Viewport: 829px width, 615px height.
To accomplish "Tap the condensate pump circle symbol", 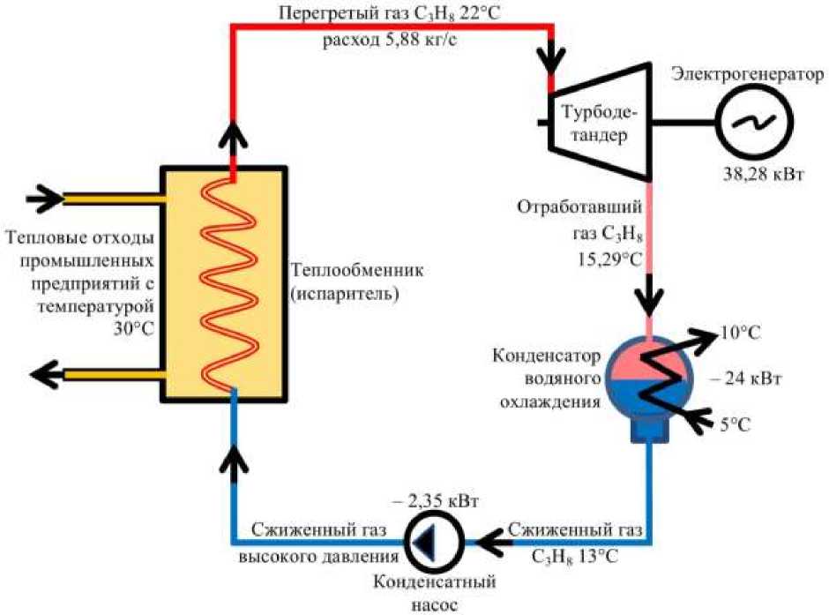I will click(431, 541).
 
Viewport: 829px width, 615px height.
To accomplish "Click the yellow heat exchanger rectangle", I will click(222, 284).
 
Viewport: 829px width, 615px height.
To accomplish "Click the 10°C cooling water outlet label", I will click(740, 333).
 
